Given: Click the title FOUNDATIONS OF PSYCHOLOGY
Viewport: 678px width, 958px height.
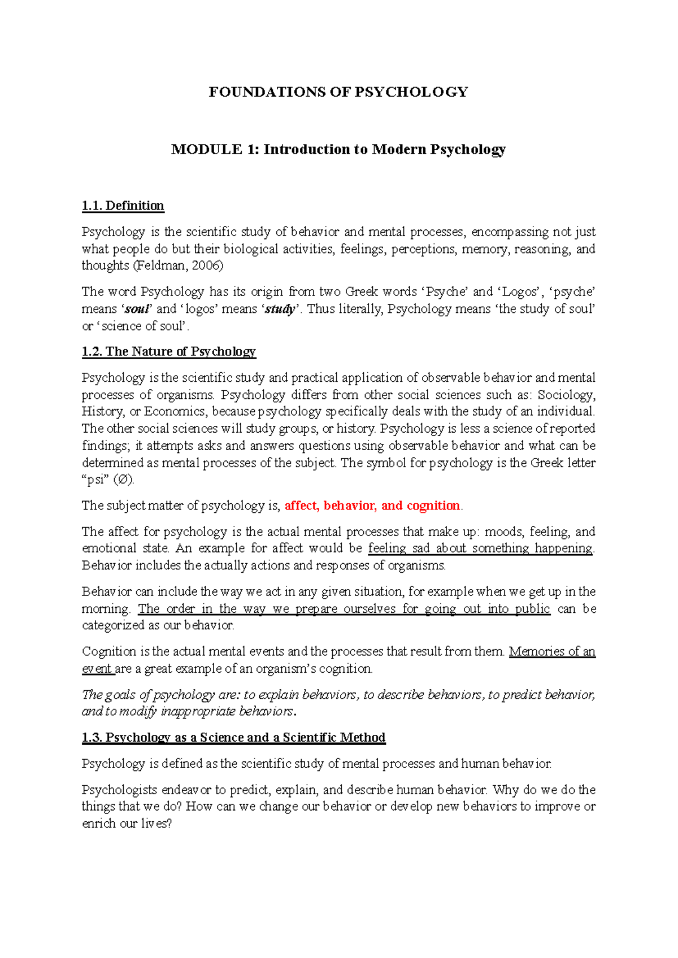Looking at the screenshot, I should click(x=338, y=92).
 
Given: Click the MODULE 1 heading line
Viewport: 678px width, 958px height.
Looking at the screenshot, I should click(x=338, y=150).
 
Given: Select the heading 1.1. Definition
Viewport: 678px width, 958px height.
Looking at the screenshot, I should click(x=123, y=206).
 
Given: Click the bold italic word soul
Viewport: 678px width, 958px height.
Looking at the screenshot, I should click(x=138, y=309).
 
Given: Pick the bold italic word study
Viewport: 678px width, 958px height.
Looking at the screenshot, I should click(x=280, y=309).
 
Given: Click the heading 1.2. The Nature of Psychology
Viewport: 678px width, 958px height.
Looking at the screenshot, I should click(x=168, y=351).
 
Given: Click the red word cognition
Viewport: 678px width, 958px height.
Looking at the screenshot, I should click(x=433, y=506).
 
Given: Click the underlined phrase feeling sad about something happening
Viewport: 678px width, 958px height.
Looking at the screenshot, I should click(x=480, y=548).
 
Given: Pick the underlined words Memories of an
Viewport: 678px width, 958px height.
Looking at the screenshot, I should click(x=552, y=651).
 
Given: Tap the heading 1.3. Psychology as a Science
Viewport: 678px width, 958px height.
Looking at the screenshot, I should click(x=233, y=738).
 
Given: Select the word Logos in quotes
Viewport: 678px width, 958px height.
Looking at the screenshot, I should click(x=519, y=292).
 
